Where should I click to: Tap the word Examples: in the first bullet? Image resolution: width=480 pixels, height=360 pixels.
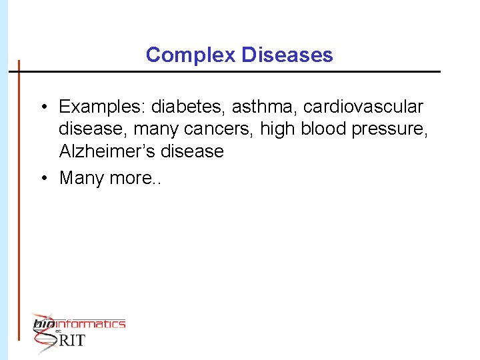(102, 107)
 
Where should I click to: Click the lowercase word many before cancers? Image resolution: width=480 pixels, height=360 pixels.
(157, 129)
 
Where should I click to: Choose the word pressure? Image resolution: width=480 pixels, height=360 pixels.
(395, 129)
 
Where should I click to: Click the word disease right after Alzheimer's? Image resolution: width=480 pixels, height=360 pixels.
(192, 151)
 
